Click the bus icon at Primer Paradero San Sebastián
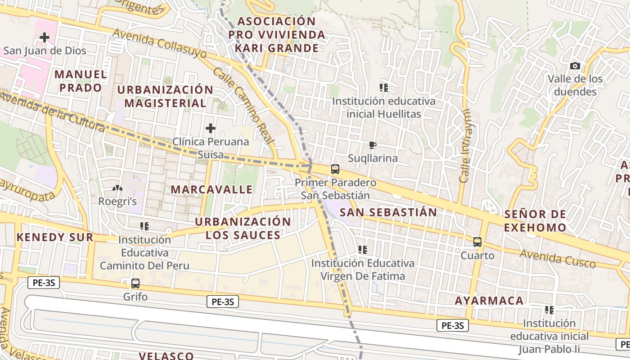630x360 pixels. click(x=335, y=169)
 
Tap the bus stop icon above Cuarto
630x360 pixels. click(x=477, y=242)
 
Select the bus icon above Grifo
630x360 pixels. click(x=135, y=283)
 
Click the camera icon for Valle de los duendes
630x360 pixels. click(x=575, y=66)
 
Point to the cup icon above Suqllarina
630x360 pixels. click(x=372, y=145)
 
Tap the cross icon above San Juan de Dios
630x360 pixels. click(x=45, y=37)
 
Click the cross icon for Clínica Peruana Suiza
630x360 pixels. click(x=210, y=129)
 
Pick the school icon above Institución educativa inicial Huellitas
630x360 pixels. click(x=383, y=88)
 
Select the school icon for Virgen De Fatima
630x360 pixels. click(x=362, y=249)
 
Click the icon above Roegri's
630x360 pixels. click(x=117, y=188)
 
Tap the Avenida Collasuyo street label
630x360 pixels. click(x=159, y=44)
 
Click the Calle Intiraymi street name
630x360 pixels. click(x=465, y=146)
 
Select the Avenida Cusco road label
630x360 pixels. click(x=558, y=258)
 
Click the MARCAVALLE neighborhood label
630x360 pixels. click(x=211, y=189)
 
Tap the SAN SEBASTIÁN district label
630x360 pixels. click(x=388, y=212)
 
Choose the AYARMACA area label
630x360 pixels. click(x=489, y=301)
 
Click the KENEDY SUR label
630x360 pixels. click(x=55, y=237)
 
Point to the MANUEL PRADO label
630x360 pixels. click(x=81, y=81)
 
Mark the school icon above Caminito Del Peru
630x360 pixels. click(x=144, y=226)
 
